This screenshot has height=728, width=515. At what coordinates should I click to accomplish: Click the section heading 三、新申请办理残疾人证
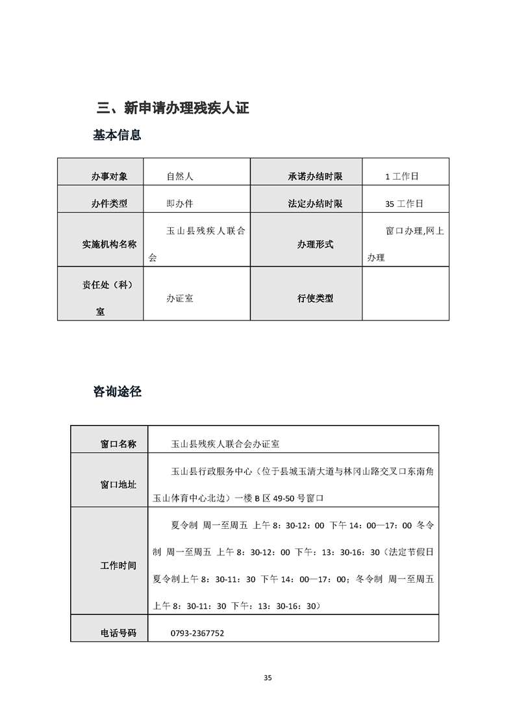point(172,108)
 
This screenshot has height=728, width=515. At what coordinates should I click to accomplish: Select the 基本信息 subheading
point(117,136)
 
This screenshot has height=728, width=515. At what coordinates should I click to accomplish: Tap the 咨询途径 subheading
point(117,392)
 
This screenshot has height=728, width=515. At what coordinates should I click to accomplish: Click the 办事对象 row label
point(109,176)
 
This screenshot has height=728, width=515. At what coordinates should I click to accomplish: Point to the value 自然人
point(180,176)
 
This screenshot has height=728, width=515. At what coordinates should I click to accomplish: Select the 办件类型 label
point(109,203)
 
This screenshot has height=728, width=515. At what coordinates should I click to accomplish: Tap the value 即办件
point(180,203)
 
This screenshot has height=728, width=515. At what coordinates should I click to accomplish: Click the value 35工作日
point(403,203)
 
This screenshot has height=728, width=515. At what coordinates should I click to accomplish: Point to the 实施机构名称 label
point(109,245)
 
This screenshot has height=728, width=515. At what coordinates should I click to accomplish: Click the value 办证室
point(180,298)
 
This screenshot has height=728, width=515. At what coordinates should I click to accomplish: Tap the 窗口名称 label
point(118,444)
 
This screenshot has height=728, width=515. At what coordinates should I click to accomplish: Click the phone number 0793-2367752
point(197,633)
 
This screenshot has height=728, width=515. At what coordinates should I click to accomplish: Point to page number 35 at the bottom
point(268,678)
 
